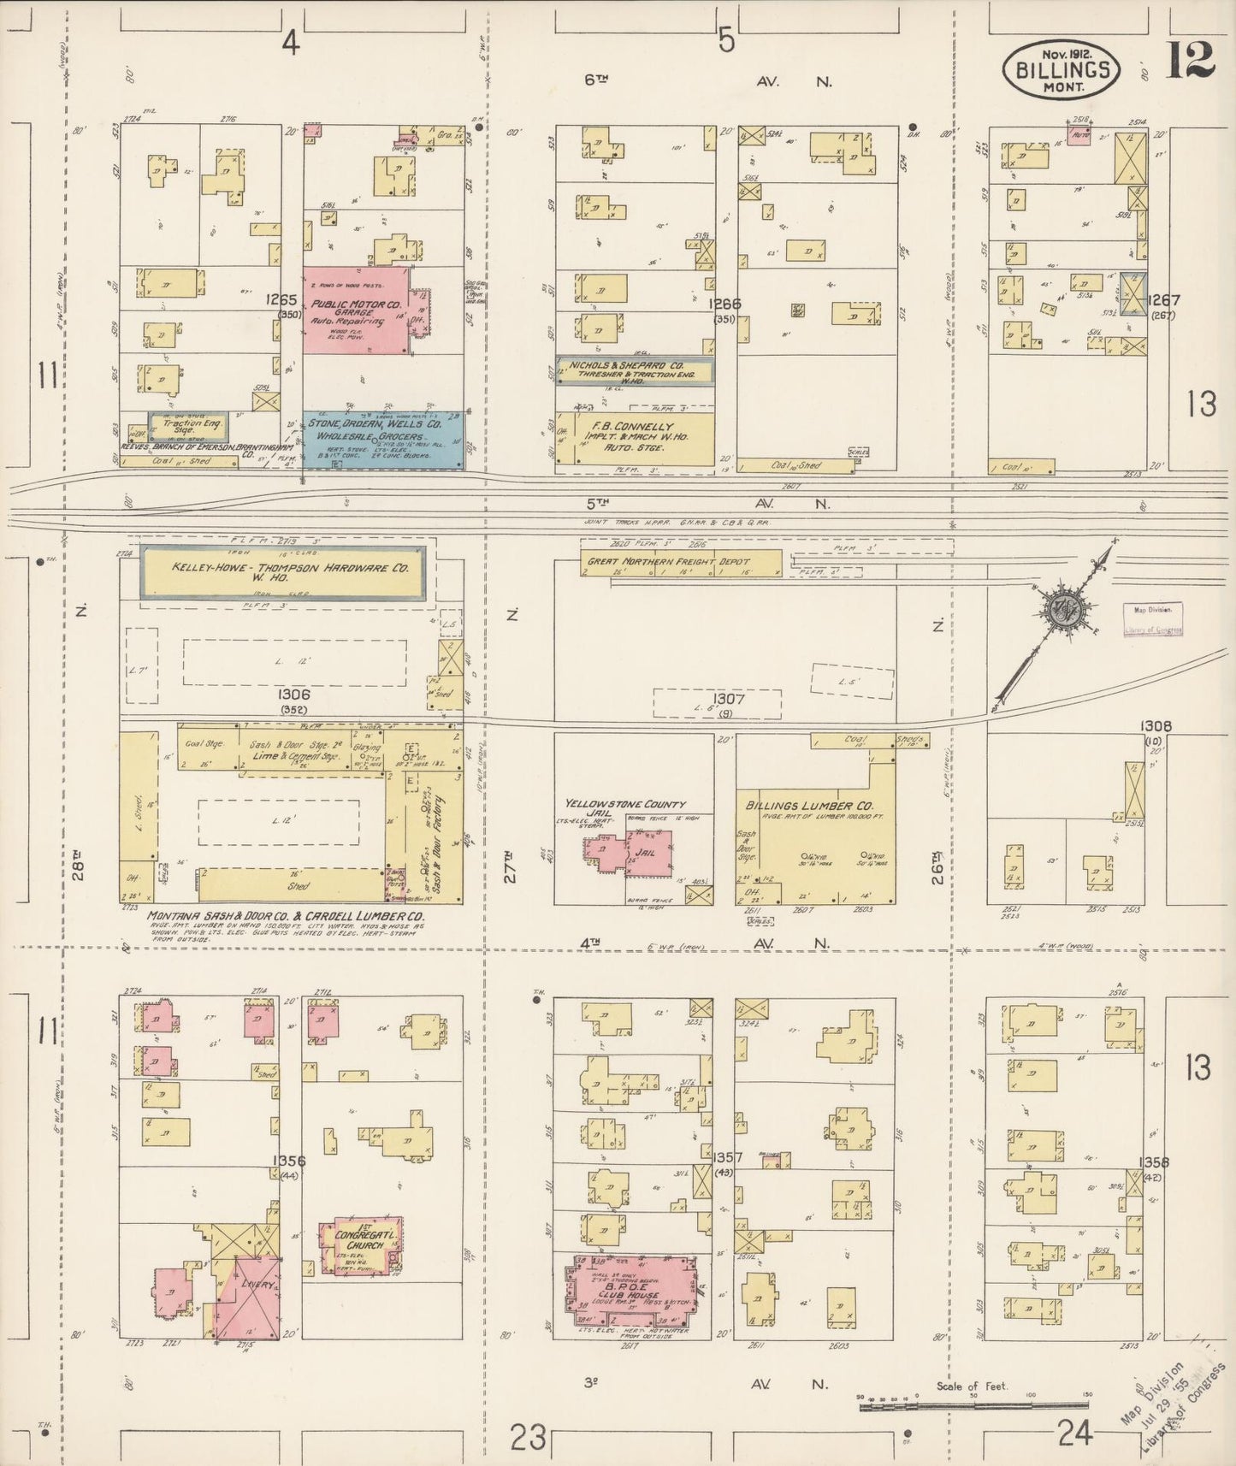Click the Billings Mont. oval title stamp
click(x=1062, y=69)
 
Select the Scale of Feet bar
click(x=975, y=1403)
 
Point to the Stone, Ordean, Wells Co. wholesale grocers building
click(x=382, y=439)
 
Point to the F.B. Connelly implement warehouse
click(x=635, y=439)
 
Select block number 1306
click(x=287, y=695)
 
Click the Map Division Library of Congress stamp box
click(x=1153, y=619)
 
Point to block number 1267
click(x=1164, y=300)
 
